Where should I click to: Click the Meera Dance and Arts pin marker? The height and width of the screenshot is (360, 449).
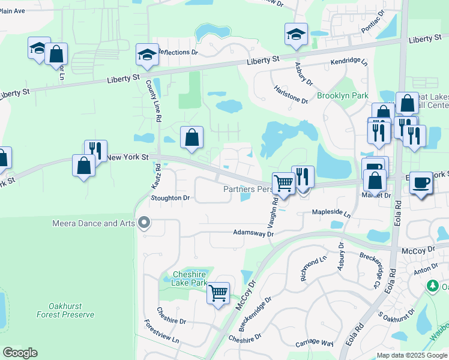pos(143,223)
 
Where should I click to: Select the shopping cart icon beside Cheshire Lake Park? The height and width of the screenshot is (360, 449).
pos(218,293)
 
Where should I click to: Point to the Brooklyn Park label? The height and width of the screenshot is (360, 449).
pos(342,96)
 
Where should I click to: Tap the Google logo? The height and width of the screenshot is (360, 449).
pos(20,353)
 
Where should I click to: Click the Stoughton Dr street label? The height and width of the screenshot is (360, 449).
pos(170,197)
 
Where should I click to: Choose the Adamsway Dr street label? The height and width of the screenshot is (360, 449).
pos(253,233)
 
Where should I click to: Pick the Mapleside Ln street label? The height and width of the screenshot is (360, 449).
pos(331,212)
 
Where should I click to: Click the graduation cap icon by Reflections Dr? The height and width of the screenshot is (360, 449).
pos(146,55)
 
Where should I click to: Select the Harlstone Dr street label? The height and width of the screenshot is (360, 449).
pos(291,97)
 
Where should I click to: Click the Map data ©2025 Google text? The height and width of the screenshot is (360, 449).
pos(411,355)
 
